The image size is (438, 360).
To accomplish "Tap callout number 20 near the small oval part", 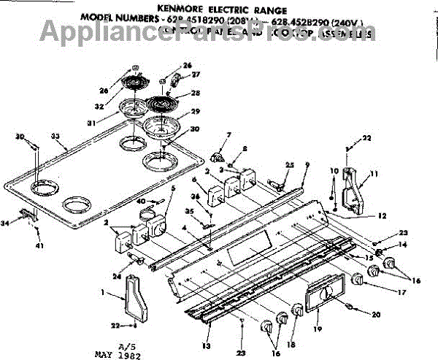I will click(x=376, y=315).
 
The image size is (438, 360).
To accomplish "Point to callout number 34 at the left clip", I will click(x=9, y=223).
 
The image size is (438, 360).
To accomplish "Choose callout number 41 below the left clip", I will click(x=39, y=245).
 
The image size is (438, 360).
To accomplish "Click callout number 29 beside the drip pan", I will click(x=195, y=110).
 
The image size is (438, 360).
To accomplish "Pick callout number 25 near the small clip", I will click(x=290, y=166).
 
